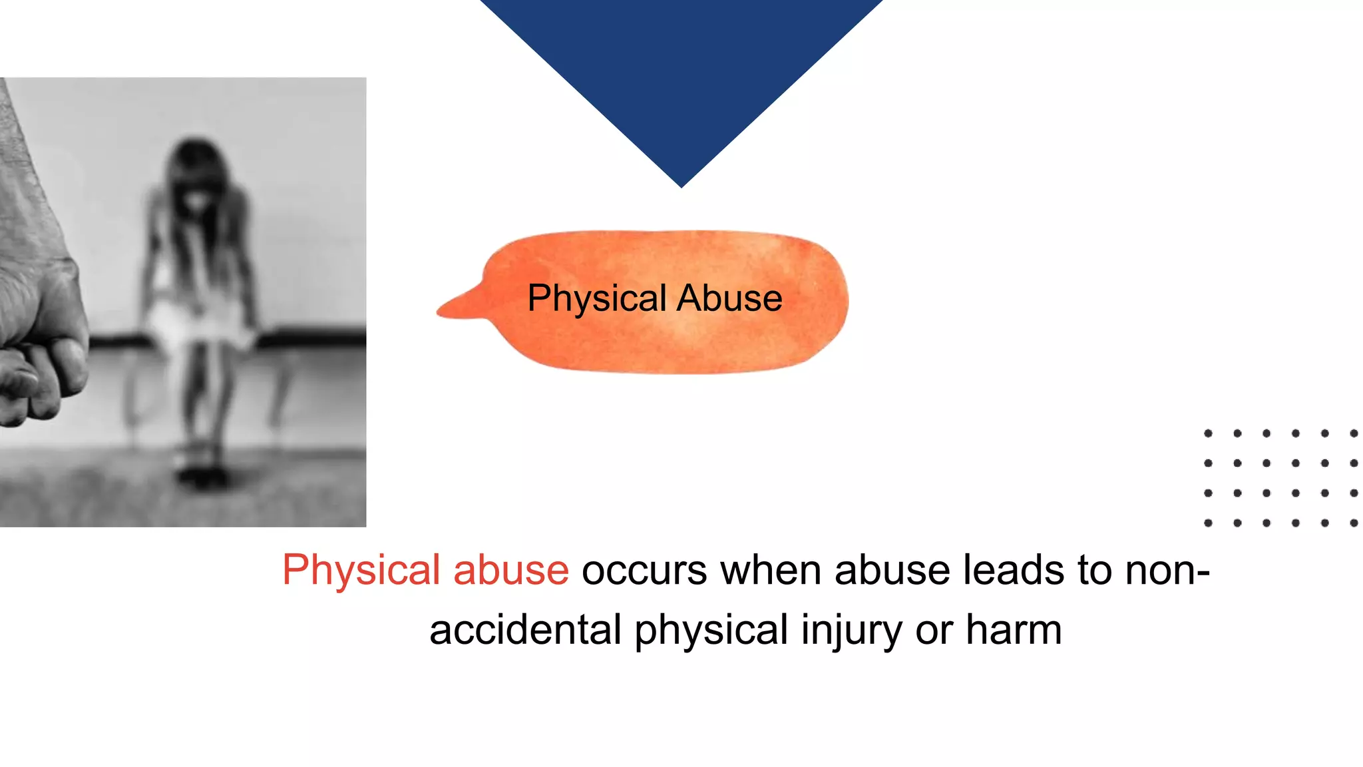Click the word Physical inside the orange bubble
[597, 298]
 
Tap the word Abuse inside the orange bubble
[729, 298]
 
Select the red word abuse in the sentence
[510, 571]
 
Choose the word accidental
[525, 630]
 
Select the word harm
[1014, 630]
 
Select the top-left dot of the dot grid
[1208, 433]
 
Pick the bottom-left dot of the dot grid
[1208, 523]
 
